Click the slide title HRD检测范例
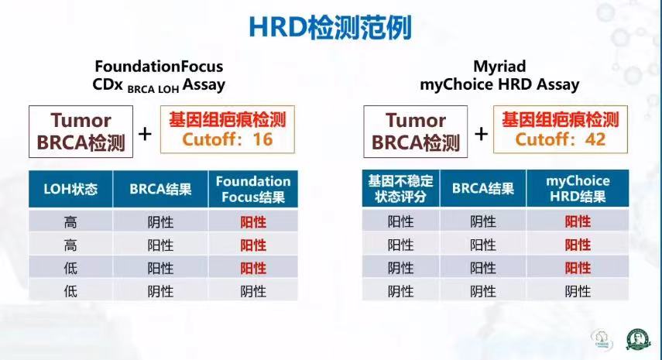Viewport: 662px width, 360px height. (x=330, y=27)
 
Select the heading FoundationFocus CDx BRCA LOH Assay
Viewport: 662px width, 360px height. (x=159, y=76)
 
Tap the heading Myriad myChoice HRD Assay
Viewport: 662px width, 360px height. (x=499, y=76)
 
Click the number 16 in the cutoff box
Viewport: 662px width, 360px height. (x=262, y=139)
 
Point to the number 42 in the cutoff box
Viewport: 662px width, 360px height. (x=595, y=139)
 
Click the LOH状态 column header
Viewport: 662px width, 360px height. (x=70, y=189)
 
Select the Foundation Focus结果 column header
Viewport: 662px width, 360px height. (x=253, y=189)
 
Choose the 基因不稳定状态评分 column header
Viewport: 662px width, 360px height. (x=400, y=188)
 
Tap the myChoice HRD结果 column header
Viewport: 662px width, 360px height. (x=578, y=188)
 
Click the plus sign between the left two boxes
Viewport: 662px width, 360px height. (x=145, y=134)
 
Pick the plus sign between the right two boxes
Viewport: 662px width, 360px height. (x=481, y=134)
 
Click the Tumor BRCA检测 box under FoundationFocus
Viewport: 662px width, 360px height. (x=81, y=132)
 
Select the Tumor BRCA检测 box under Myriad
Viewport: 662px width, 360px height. (x=416, y=132)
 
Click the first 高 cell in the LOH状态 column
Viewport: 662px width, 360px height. (x=70, y=221)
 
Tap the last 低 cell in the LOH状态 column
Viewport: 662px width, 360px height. (x=70, y=291)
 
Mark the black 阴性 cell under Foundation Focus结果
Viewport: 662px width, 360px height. (x=253, y=291)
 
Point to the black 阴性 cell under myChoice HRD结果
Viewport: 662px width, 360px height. (x=578, y=291)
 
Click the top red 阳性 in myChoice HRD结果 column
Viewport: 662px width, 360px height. (x=578, y=221)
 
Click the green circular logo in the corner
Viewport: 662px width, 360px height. (x=637, y=339)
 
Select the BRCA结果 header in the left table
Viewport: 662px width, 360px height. (x=160, y=189)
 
